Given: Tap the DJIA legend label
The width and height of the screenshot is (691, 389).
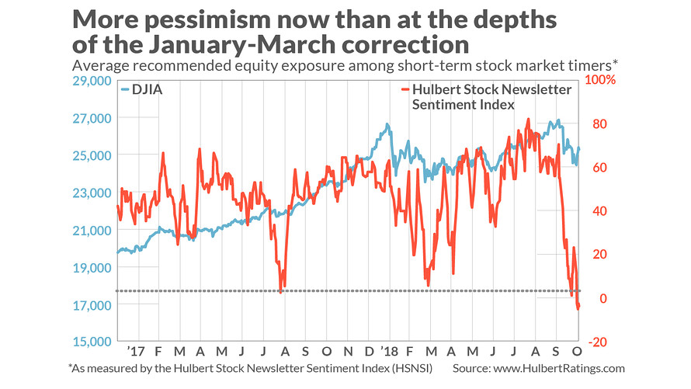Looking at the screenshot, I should (x=148, y=89).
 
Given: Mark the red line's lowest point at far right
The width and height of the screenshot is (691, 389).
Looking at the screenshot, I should (x=578, y=309).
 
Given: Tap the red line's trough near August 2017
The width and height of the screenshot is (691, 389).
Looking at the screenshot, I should (x=280, y=291).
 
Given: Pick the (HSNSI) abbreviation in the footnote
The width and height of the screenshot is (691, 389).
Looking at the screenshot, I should (x=409, y=368).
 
